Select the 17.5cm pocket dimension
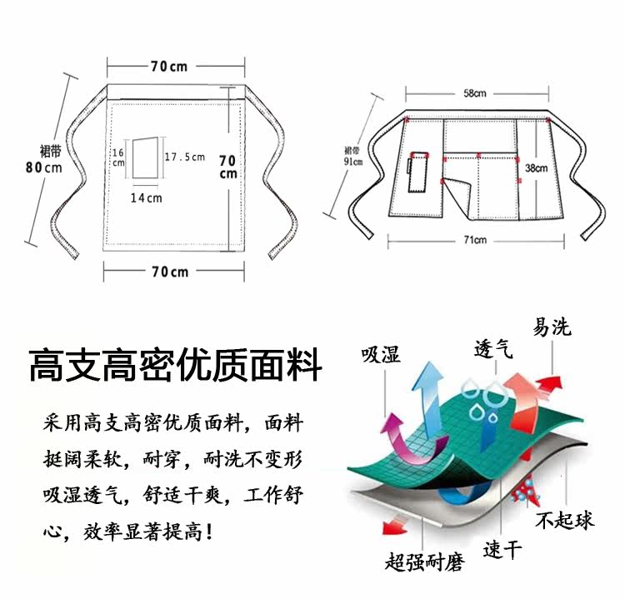[x=185, y=157]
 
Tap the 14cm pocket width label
[x=146, y=198]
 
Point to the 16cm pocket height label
[x=117, y=157]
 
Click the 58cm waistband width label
[x=475, y=93]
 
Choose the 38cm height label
[x=536, y=169]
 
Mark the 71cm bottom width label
[x=475, y=240]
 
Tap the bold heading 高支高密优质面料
[x=175, y=366]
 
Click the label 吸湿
[x=380, y=354]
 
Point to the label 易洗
[x=552, y=327]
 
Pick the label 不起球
[x=565, y=521]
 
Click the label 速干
[x=502, y=549]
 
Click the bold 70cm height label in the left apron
[x=227, y=167]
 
